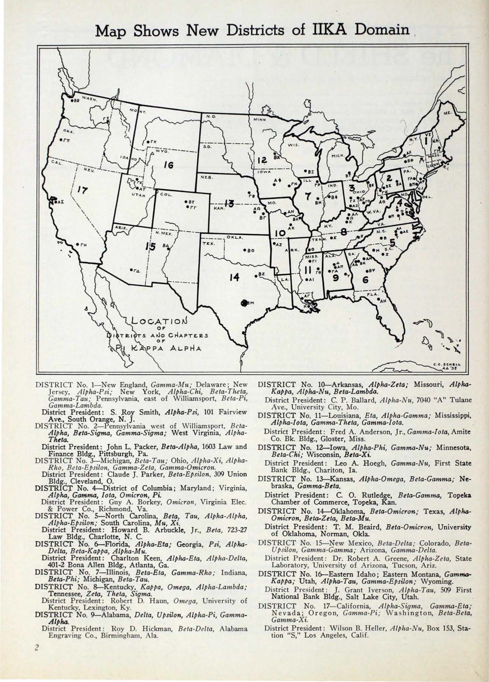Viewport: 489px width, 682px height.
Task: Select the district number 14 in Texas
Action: (234, 277)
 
